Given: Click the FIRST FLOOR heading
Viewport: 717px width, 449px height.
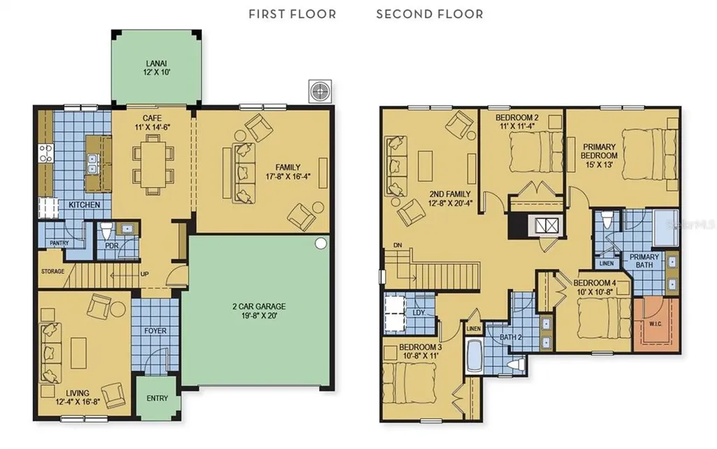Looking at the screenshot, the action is tap(292, 14).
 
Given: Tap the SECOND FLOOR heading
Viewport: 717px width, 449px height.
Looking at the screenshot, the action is tap(429, 14).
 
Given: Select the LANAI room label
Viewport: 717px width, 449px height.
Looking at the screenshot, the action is tap(156, 64).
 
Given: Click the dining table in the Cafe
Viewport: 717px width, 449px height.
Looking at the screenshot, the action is tap(153, 164).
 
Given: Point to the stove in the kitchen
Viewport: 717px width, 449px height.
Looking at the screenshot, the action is tap(46, 153).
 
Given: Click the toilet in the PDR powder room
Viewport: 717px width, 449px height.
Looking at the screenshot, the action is tap(106, 231).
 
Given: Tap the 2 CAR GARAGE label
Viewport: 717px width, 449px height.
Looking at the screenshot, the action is tap(259, 306).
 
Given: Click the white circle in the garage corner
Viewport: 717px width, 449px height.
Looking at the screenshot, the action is tap(321, 243).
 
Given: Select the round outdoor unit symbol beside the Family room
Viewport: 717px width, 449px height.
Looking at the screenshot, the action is tap(319, 92).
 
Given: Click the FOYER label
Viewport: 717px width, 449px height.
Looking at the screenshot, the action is tap(155, 331).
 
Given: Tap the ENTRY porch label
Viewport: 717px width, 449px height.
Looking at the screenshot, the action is tap(158, 399).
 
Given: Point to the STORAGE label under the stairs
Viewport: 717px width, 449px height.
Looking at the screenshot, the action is tap(53, 271).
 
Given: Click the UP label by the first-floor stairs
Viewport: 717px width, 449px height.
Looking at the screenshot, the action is tap(144, 274).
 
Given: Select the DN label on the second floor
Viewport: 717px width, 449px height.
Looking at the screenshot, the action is tap(398, 245).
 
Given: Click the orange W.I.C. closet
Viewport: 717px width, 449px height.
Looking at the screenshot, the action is tap(656, 325).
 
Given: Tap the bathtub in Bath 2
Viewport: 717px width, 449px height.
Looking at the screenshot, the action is tap(474, 356).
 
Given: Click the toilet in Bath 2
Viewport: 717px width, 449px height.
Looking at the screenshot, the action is tap(516, 364).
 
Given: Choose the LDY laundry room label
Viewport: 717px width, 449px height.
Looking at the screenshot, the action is tap(419, 313).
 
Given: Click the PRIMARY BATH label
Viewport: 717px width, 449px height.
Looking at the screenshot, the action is tap(644, 261).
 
